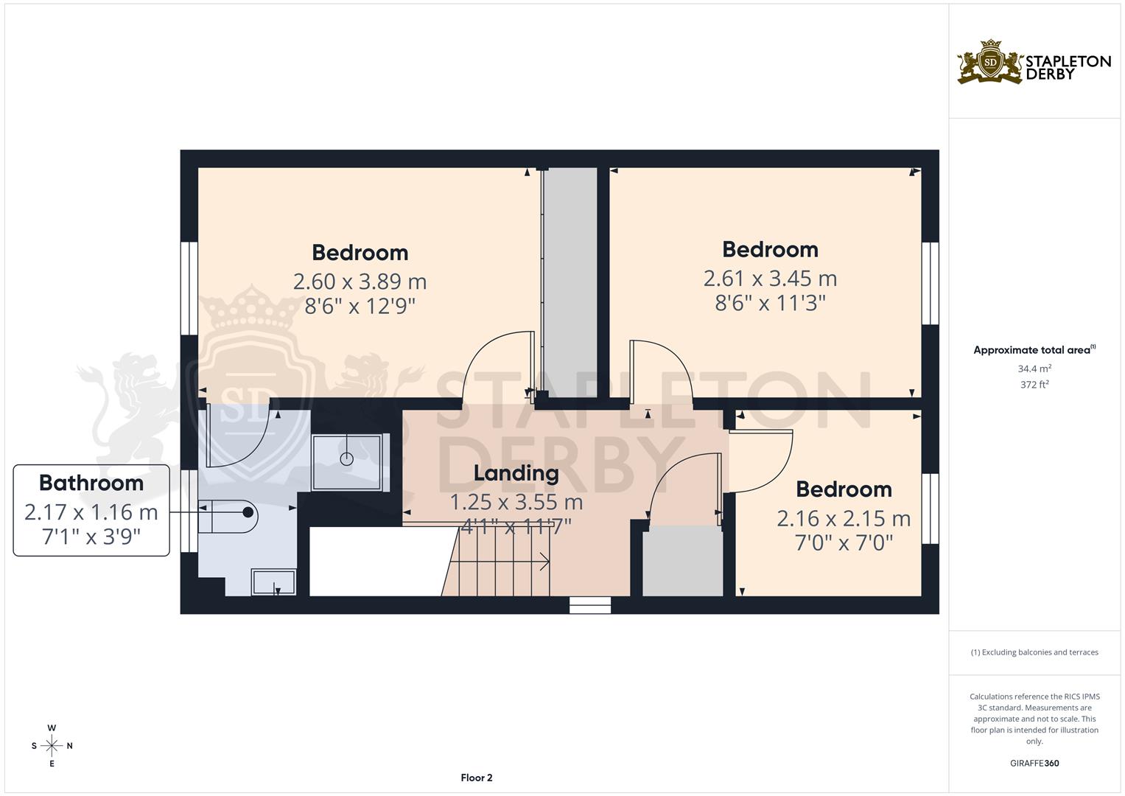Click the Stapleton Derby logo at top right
click(1033, 62)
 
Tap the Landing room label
click(516, 473)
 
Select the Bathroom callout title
click(91, 483)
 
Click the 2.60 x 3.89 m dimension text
click(360, 282)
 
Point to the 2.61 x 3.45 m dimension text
click(770, 279)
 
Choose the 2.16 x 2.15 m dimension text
click(844, 519)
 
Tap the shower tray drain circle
click(346, 459)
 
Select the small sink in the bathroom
click(274, 582)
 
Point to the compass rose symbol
click(52, 746)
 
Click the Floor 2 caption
click(476, 778)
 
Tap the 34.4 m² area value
click(1034, 368)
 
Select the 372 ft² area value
click(1034, 384)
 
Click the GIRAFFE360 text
click(1034, 763)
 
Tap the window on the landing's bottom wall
click(590, 605)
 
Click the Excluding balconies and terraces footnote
click(1034, 652)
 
